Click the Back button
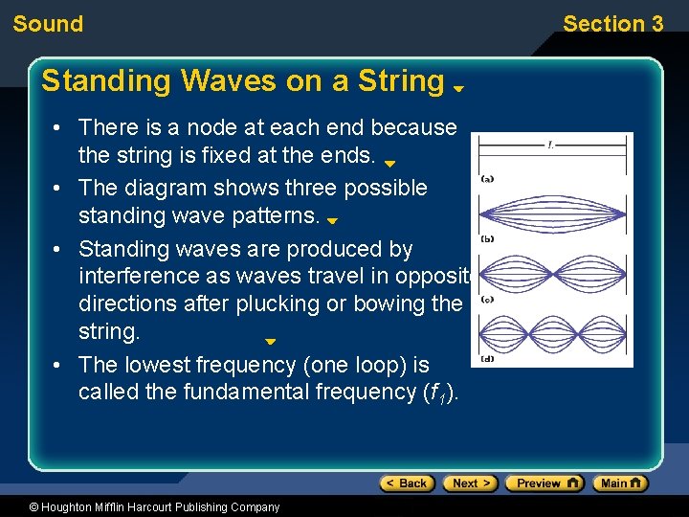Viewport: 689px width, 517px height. (407, 483)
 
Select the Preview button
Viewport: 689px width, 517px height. (545, 483)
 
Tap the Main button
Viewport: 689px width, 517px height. (620, 483)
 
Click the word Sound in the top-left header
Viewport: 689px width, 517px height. (48, 24)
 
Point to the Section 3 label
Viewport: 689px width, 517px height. (612, 24)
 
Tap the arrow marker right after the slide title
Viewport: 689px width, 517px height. (459, 88)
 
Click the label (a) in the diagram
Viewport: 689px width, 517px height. (487, 178)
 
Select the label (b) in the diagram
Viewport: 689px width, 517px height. (487, 238)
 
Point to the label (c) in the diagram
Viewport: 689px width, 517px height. (487, 299)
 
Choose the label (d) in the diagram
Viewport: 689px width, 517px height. (487, 359)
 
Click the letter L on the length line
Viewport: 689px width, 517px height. (551, 146)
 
